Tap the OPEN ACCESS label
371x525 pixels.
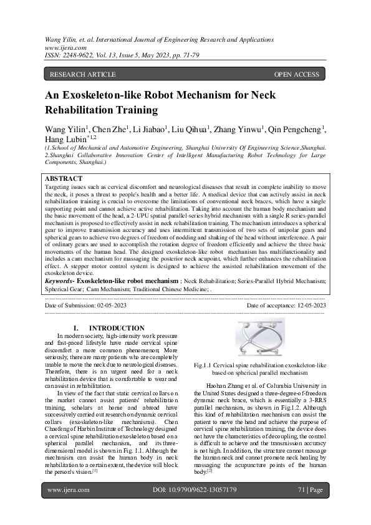[296, 75]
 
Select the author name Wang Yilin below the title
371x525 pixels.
[64, 129]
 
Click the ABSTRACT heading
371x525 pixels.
[65, 178]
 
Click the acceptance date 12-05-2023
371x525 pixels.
[304, 306]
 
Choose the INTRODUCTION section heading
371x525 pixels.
[117, 328]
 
